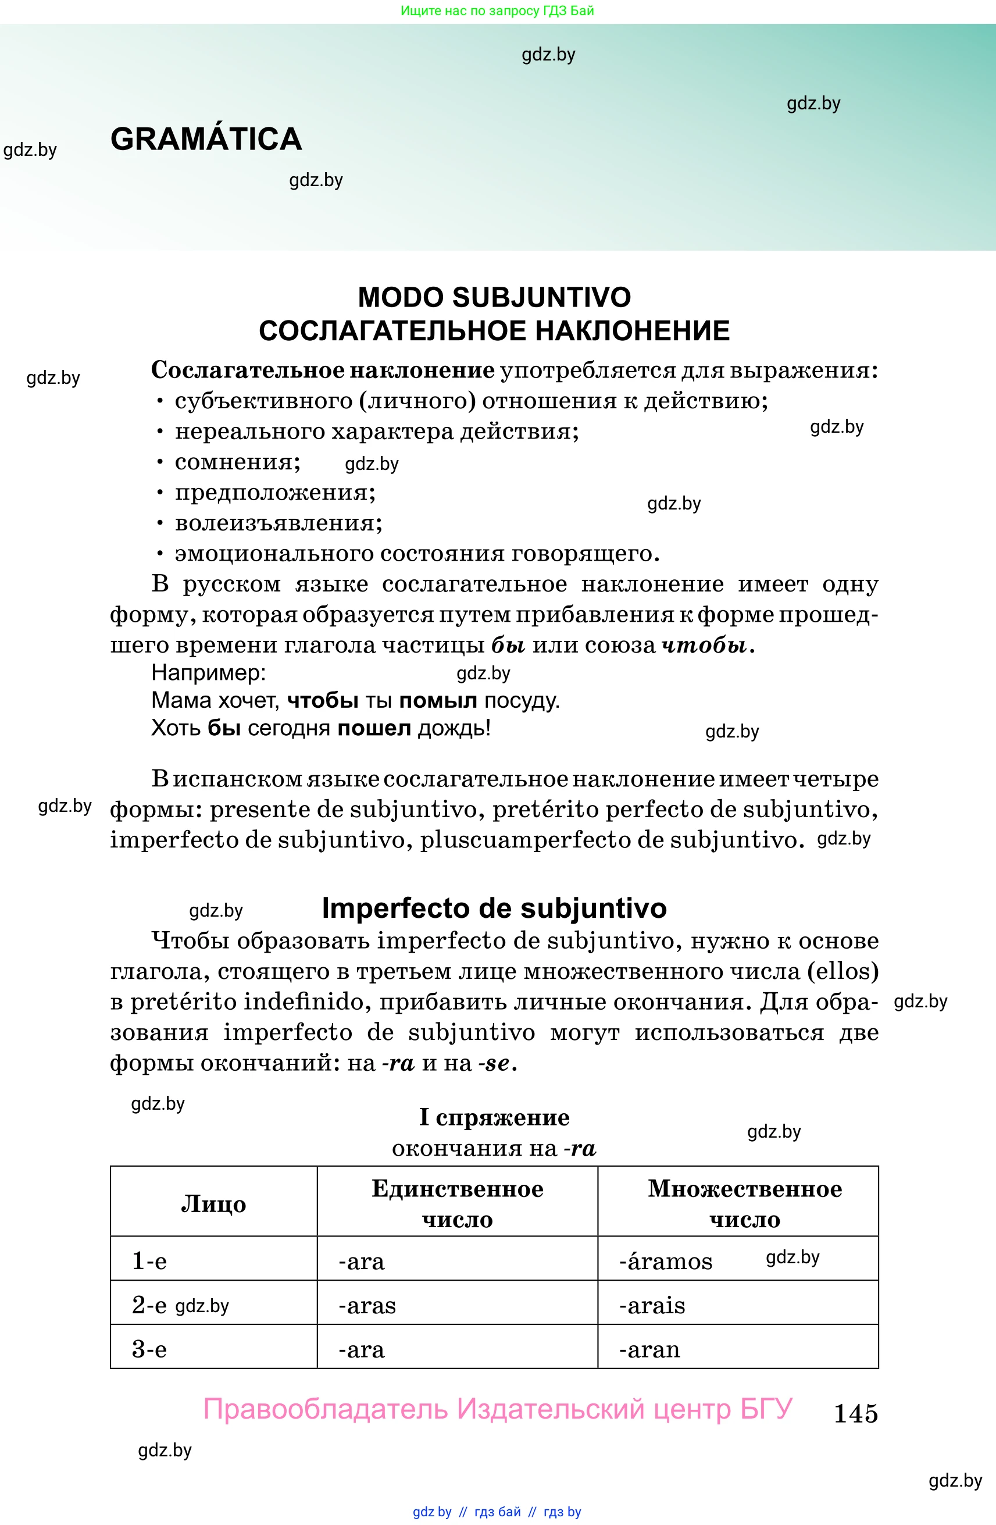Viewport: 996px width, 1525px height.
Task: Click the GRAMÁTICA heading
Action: pos(206,139)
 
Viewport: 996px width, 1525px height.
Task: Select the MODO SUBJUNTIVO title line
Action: pos(494,297)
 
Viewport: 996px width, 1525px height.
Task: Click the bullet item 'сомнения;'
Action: pos(237,462)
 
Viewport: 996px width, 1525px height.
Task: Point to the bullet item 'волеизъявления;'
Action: pos(278,523)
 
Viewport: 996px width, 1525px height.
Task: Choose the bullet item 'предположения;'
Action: pos(275,492)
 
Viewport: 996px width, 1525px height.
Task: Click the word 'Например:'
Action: pos(208,672)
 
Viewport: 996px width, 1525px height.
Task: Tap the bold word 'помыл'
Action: pos(437,700)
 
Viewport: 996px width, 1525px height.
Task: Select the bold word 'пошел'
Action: pos(374,729)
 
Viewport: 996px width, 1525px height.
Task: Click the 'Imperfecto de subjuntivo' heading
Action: pos(494,908)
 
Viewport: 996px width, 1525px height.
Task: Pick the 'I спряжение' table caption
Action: pos(494,1117)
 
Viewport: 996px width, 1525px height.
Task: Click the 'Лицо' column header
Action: pos(213,1204)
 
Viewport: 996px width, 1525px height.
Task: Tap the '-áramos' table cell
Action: pos(666,1261)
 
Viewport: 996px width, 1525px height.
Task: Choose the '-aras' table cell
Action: pos(367,1305)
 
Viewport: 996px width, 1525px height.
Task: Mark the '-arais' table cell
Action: pos(651,1305)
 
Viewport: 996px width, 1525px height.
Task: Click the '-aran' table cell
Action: pos(649,1349)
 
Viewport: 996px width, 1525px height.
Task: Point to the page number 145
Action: pos(855,1413)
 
